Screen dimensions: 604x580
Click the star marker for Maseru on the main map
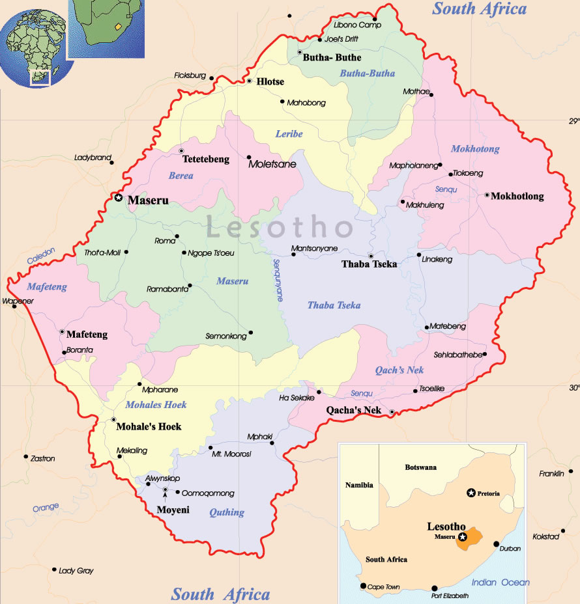coord(118,197)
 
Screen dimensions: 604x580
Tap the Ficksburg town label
coord(190,75)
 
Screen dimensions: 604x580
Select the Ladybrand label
coord(93,158)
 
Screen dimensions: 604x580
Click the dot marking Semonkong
coord(251,333)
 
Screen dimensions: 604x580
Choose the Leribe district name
coord(289,134)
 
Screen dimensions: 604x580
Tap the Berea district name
coord(181,176)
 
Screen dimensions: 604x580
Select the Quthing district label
coord(227,512)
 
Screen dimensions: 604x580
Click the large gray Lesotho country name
coord(280,228)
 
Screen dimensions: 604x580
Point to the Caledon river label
coord(41,256)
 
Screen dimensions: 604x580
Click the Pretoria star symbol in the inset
coord(471,493)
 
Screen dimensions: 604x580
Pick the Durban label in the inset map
coord(510,549)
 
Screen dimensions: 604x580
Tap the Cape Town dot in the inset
coord(364,586)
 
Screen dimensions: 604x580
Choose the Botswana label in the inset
coord(421,467)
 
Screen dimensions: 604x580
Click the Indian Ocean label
coord(500,583)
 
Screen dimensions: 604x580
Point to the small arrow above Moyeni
coord(166,499)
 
